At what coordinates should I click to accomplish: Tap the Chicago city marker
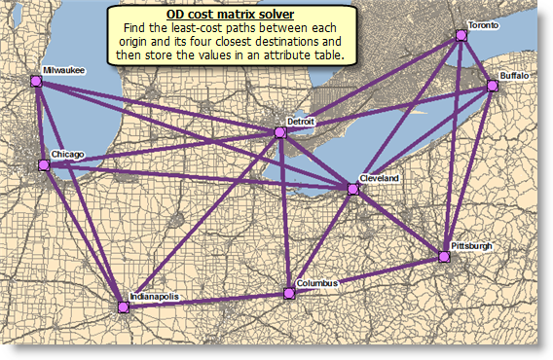(43, 165)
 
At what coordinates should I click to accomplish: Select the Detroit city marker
(280, 132)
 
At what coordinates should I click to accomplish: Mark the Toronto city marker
(461, 36)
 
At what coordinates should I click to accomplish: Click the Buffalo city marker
(493, 87)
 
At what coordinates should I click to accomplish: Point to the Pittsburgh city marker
(444, 258)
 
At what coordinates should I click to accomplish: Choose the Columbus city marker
(288, 293)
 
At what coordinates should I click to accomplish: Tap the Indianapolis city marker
(124, 307)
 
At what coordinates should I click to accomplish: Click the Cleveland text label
(379, 180)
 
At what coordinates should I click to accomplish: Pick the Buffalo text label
(513, 75)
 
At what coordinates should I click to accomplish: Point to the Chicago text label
(67, 154)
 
